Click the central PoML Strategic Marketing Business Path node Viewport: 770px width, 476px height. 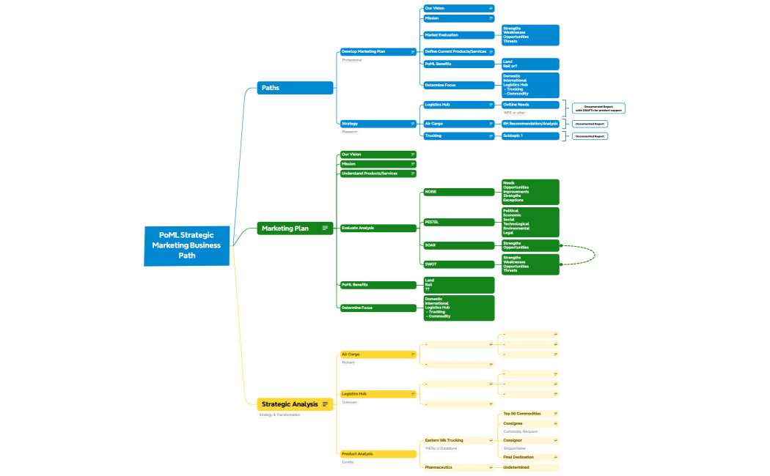point(186,245)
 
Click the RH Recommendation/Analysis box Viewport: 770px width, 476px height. point(530,124)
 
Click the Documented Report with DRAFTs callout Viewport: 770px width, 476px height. point(598,108)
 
